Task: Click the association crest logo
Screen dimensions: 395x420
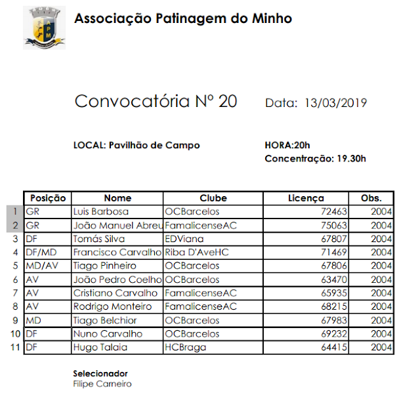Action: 44,28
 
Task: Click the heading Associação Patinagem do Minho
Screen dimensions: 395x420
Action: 183,18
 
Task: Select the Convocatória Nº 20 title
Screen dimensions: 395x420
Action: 156,102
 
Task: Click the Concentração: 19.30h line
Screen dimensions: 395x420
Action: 315,158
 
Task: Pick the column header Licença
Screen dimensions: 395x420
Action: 306,198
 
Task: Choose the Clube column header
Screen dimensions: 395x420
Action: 213,198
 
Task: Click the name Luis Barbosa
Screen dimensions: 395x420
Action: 101,212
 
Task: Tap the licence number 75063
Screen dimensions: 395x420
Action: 333,225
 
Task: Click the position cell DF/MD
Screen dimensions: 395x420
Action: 41,253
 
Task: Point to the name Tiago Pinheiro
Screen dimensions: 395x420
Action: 105,266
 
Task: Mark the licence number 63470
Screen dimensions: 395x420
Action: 333,280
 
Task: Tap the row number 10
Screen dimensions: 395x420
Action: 14,334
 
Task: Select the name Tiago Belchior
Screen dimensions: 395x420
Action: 106,320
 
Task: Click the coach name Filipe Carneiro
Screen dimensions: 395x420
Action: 102,384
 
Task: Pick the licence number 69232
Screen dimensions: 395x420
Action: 333,334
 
